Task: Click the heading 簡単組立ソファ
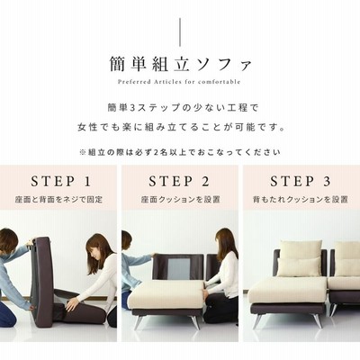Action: tap(180, 64)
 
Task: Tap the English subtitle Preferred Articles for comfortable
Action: tap(179, 82)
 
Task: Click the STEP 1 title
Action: tap(60, 182)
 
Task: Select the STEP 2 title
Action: tap(179, 182)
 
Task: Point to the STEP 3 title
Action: tap(301, 182)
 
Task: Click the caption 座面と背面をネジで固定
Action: tap(58, 199)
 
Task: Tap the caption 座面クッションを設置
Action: tap(181, 199)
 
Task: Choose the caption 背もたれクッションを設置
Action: tap(301, 199)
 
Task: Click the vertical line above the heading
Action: tap(180, 32)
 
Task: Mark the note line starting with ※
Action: tap(180, 152)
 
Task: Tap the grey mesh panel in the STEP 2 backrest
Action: tap(179, 269)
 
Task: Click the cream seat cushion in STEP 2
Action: tap(166, 294)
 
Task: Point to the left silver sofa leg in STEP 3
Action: tap(257, 320)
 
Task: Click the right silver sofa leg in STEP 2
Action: tap(195, 322)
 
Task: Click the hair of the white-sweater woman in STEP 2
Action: tap(227, 243)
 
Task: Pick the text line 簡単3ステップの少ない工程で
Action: tap(183, 108)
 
